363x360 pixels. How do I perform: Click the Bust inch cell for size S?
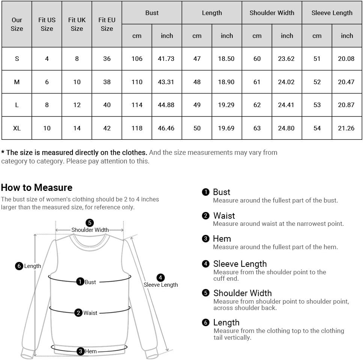(166, 59)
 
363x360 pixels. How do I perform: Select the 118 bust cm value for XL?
(137, 128)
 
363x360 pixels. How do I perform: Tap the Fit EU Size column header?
(107, 24)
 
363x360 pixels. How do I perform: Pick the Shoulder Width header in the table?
(272, 13)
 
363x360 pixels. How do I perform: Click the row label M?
(17, 82)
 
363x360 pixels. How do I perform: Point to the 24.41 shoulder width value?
(286, 105)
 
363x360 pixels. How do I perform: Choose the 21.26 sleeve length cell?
(346, 128)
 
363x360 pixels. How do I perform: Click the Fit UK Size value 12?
(77, 105)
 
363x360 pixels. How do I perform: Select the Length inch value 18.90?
(226, 82)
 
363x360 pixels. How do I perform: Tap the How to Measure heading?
(37, 188)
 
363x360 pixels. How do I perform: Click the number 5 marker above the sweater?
(90, 223)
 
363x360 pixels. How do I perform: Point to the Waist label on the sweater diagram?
(90, 313)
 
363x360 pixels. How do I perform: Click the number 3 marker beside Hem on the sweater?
(80, 351)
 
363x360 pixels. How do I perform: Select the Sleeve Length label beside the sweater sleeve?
(161, 285)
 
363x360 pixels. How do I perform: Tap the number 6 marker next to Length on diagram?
(19, 266)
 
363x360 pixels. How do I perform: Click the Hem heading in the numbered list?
(222, 239)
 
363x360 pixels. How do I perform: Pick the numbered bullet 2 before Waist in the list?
(205, 216)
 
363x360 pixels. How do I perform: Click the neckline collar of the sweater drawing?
(90, 241)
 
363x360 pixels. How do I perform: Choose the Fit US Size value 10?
(47, 128)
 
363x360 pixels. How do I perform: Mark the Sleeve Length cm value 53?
(317, 105)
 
